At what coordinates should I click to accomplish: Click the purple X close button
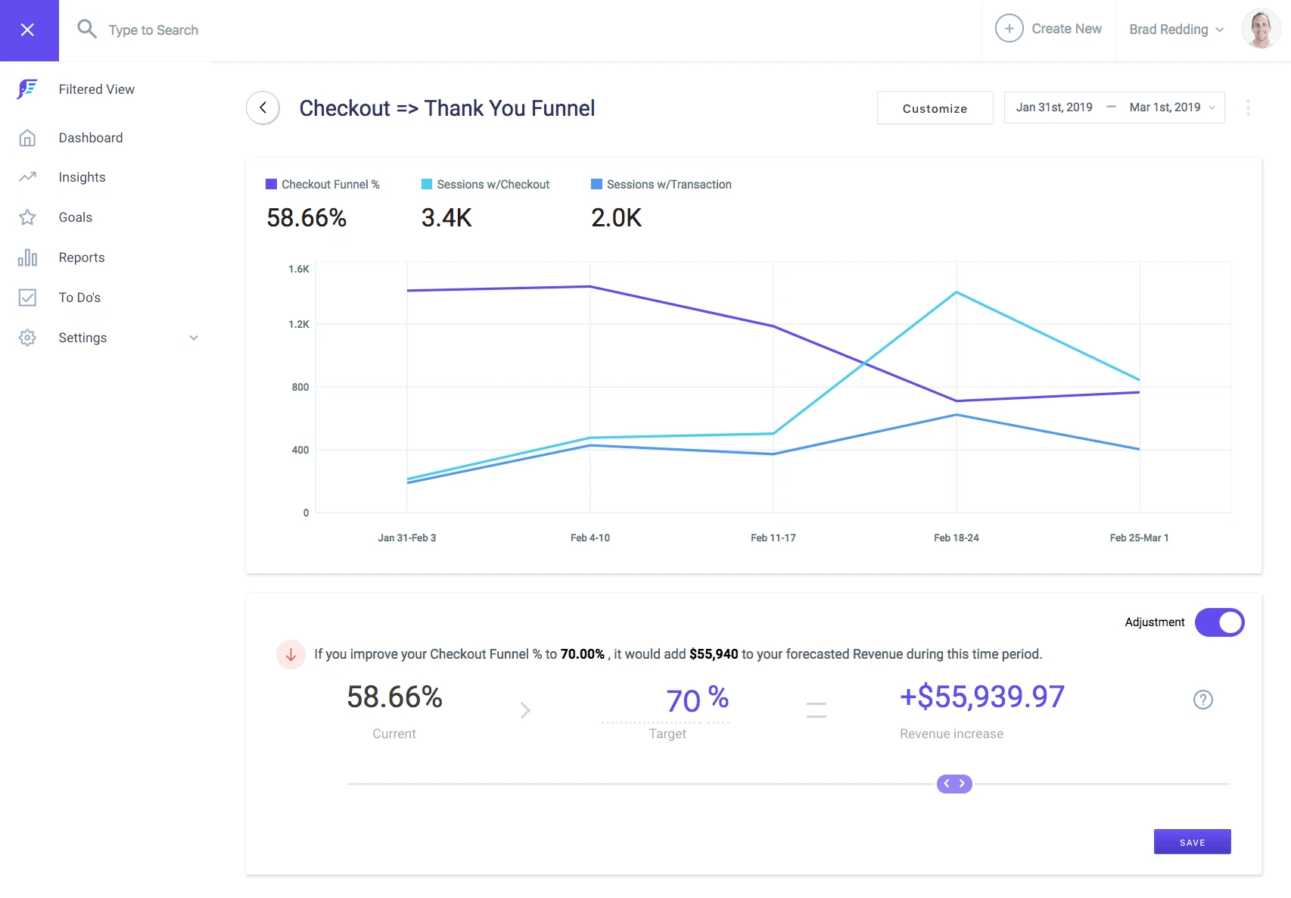pos(28,30)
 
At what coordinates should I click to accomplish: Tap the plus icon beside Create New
pos(1009,29)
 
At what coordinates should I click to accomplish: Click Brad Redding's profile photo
pos(1260,30)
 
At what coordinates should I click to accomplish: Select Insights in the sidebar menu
pos(82,177)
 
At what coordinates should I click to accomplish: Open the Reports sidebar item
pos(82,257)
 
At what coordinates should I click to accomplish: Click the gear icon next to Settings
pos(27,338)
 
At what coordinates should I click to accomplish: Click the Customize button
pos(935,108)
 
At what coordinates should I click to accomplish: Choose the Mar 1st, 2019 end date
pos(1165,108)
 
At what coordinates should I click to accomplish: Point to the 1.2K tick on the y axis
pos(299,324)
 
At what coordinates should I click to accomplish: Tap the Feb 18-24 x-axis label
pos(956,538)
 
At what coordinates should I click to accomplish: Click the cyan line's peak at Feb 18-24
pos(957,292)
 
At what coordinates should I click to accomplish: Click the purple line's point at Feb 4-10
pos(590,286)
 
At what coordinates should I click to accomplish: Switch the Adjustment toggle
pos(1219,622)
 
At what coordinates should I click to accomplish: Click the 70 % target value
pos(696,700)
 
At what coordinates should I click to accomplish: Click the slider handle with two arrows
pos(954,784)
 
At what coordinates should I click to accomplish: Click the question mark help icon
pos(1202,700)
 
